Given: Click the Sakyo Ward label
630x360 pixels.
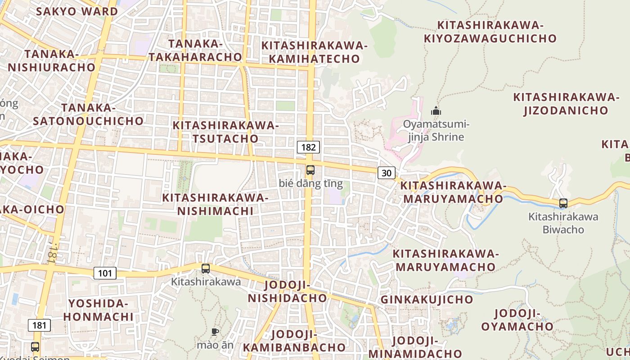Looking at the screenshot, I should click(76, 11).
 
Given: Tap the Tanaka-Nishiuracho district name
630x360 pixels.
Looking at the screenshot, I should click(51, 61).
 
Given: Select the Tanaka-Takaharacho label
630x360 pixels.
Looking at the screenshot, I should click(195, 50).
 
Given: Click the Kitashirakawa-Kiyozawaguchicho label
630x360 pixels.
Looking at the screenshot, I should click(490, 31).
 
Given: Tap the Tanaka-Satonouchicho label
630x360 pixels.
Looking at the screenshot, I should click(88, 114).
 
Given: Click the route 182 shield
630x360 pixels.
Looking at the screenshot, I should click(308, 147).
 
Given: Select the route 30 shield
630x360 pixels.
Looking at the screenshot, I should click(387, 172).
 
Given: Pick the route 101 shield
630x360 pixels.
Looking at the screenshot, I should click(105, 273).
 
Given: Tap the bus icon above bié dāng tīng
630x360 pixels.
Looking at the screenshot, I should click(310, 170).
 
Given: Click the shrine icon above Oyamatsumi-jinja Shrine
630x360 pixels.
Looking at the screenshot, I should click(436, 111).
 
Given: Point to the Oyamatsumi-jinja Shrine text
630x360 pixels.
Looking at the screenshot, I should click(436, 130).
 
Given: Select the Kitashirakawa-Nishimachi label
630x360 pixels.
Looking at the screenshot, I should click(215, 204).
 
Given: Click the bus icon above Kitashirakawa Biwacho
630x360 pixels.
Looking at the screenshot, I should click(563, 203).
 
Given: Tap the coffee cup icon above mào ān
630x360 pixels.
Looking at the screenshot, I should click(215, 332).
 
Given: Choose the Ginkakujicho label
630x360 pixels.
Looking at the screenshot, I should click(427, 299).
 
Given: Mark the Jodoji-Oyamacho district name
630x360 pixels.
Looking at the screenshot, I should click(517, 320).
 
